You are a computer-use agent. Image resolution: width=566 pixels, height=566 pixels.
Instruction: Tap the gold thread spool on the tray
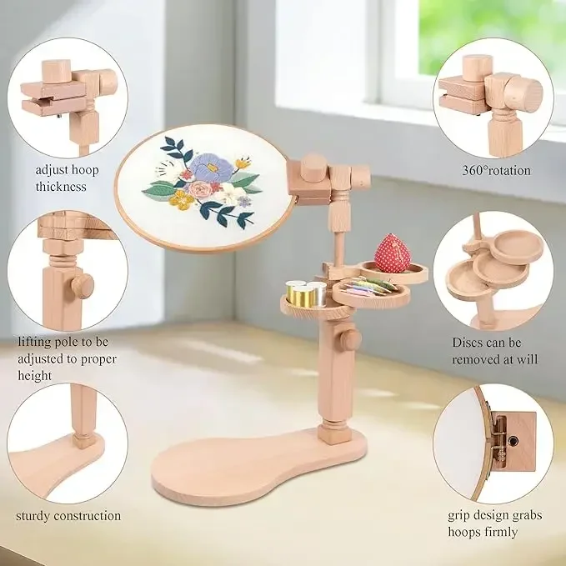pos(300,293)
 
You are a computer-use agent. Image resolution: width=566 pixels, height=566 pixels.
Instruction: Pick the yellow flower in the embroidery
pos(181,200)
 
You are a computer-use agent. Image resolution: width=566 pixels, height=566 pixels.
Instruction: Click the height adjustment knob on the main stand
pos(350,338)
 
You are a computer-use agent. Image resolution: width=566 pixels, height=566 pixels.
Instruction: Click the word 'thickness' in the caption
pos(61,186)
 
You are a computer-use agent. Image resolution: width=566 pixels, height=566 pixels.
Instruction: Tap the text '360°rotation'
pos(496,170)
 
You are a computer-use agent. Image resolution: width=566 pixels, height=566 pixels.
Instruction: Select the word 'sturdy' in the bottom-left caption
pos(32,516)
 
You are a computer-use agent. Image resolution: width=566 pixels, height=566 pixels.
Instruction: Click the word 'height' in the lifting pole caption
pos(35,375)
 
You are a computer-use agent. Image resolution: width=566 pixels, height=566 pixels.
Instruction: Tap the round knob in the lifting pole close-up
pos(83,285)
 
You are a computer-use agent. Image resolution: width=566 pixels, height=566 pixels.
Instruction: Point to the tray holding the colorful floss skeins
pos(370,292)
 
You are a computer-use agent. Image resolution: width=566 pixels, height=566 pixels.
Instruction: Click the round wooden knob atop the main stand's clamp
pos(313,168)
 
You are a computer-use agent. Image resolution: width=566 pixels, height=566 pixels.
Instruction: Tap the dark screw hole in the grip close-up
pos(513,440)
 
